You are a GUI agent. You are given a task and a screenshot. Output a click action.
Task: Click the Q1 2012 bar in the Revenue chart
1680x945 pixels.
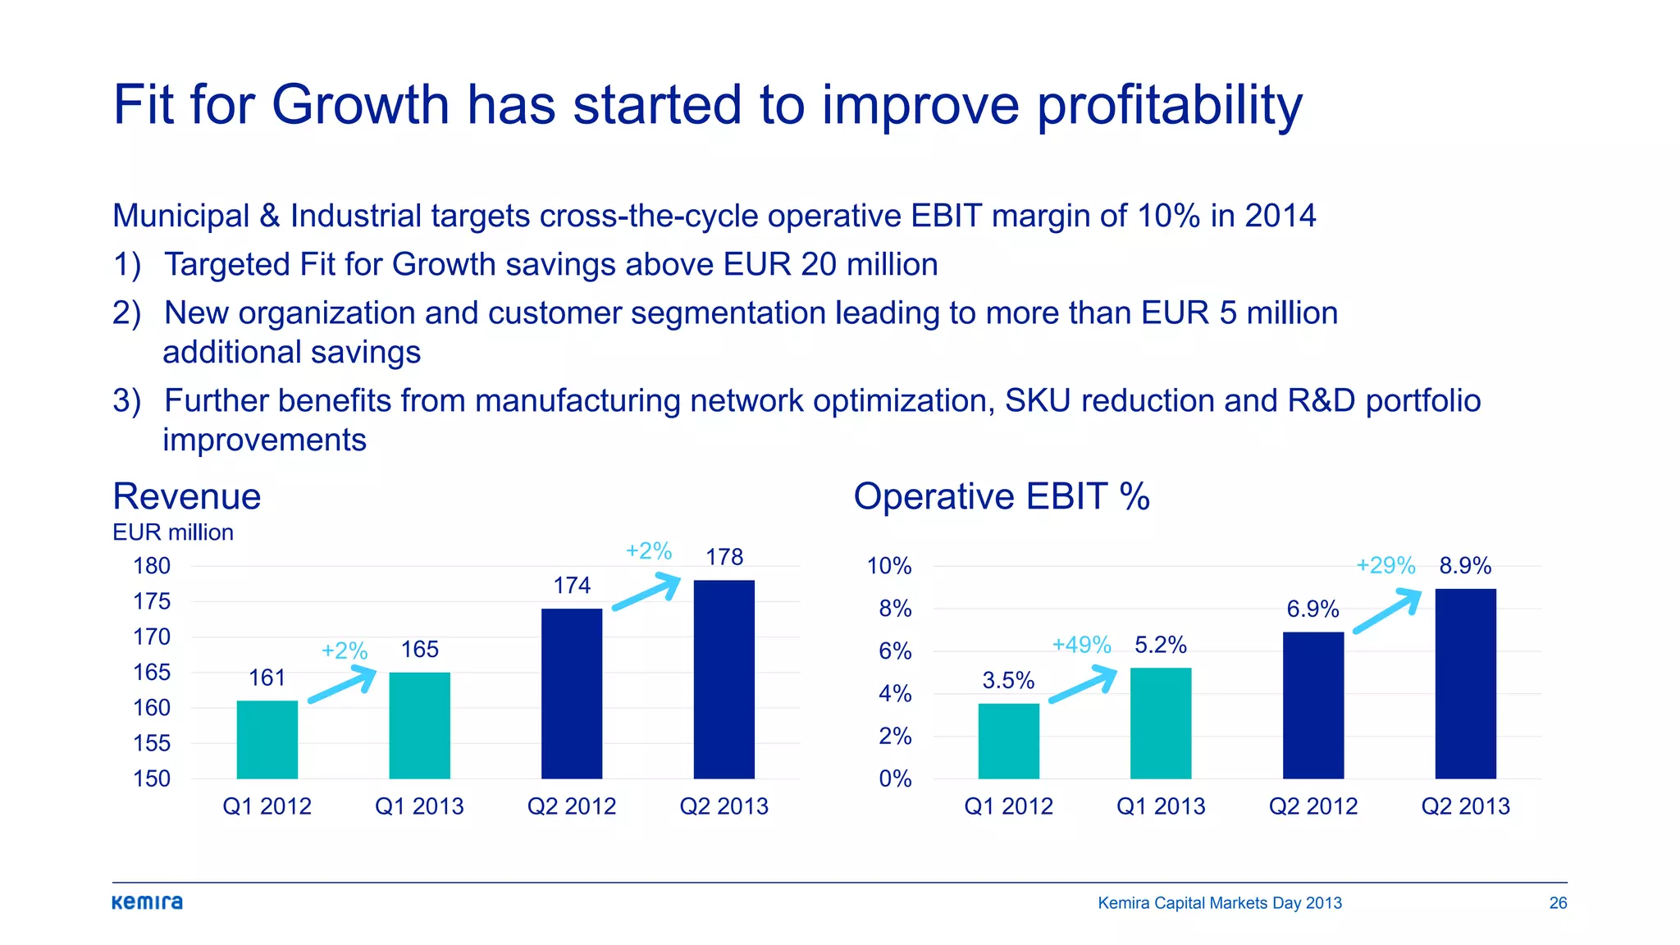tap(267, 739)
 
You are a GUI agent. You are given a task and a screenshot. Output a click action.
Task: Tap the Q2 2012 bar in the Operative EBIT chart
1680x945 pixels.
tap(1312, 705)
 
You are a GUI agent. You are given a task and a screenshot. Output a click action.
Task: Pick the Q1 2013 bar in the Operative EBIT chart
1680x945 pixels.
tap(1160, 723)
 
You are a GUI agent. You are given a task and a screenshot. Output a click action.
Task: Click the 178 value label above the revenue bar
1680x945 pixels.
tap(724, 557)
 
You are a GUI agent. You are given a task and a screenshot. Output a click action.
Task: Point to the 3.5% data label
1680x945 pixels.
tap(1008, 680)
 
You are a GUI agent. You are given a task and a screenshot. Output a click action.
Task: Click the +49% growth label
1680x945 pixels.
tap(1081, 645)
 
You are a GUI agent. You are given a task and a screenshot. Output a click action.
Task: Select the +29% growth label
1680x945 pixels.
tap(1386, 565)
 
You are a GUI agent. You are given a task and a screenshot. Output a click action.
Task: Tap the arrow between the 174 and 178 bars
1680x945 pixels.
tap(647, 591)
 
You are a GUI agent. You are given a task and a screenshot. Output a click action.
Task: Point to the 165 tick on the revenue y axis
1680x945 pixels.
tap(152, 673)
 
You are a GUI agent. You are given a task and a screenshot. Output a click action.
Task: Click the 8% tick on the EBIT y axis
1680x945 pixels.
tap(895, 609)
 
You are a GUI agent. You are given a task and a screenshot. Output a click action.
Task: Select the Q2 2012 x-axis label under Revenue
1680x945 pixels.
tap(571, 806)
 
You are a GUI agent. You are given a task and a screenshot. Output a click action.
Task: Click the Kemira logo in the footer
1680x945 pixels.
tap(147, 902)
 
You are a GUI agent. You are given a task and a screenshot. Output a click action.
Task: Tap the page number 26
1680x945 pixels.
tap(1558, 903)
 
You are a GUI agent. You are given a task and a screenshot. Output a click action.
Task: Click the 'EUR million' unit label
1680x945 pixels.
tap(173, 532)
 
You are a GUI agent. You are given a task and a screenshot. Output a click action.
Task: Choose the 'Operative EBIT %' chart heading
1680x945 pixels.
tap(1001, 496)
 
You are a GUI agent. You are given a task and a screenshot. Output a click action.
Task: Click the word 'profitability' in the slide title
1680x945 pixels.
tap(1169, 107)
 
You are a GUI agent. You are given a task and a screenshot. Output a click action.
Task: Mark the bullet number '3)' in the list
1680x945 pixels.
tap(126, 401)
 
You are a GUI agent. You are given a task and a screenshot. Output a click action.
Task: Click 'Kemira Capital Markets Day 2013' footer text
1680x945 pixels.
tap(1219, 903)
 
